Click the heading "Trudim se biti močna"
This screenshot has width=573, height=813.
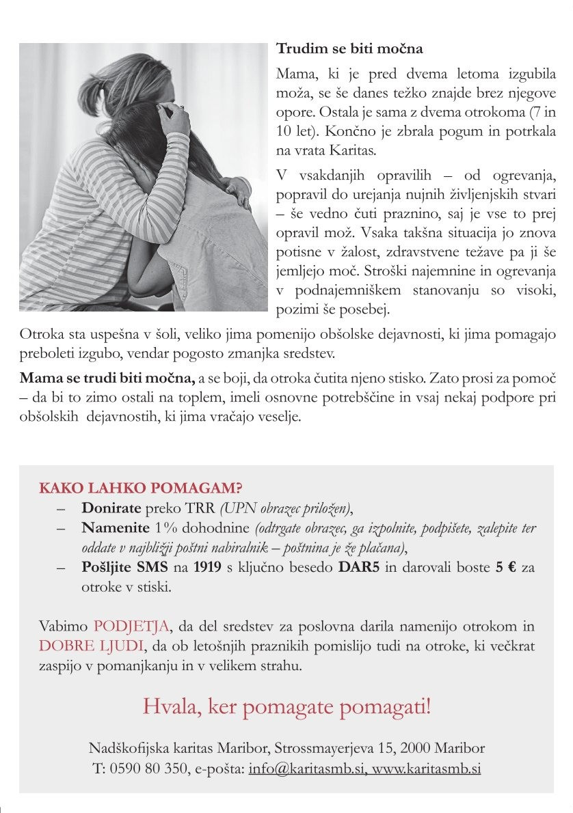[349, 49]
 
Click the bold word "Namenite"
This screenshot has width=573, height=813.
[115, 527]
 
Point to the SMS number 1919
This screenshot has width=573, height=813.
[207, 568]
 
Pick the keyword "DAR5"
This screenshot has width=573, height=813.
[359, 568]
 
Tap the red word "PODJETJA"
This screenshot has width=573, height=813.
[131, 626]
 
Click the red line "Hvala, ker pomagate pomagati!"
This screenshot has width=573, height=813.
[286, 706]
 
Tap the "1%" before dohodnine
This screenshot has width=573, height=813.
[166, 527]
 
